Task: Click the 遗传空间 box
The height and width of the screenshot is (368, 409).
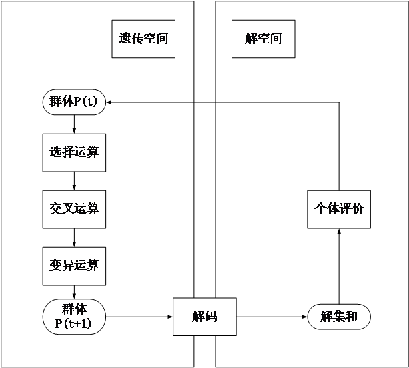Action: [143, 39]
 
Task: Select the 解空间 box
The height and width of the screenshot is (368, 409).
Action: [263, 39]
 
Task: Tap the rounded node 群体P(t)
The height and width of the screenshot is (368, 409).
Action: [74, 102]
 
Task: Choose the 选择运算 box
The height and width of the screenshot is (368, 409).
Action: [74, 152]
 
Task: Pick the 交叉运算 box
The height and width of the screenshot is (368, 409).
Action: [74, 209]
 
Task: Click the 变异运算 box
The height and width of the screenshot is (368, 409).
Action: [74, 266]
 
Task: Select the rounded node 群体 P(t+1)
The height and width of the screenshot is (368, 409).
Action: [74, 317]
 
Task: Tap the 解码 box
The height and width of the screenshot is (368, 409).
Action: [205, 317]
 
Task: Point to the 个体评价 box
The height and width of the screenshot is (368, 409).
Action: [339, 208]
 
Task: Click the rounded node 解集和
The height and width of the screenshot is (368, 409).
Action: [339, 317]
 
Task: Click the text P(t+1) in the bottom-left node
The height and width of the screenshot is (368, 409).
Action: [74, 324]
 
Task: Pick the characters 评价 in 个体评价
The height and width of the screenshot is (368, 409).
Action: [352, 208]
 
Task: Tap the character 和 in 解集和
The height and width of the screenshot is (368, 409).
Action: [352, 317]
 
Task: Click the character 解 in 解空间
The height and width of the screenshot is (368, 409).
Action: [250, 39]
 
